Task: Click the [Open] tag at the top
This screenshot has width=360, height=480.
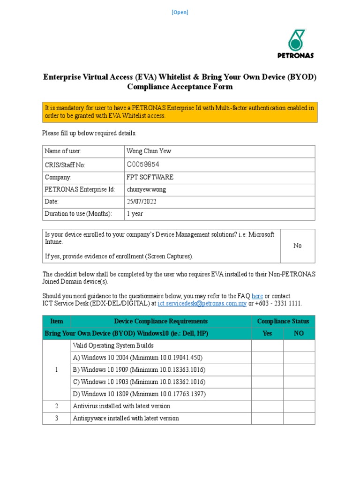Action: (x=180, y=13)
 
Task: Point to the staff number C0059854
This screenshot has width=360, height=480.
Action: (x=143, y=165)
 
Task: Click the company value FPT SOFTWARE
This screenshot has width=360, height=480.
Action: (x=150, y=177)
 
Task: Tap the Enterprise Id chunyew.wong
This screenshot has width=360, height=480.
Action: (x=146, y=189)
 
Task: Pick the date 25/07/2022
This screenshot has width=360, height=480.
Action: (x=142, y=202)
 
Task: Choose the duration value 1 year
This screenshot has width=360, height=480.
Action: (x=135, y=214)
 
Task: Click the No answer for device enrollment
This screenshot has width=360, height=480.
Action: (x=298, y=246)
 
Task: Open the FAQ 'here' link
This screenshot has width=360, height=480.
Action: (x=257, y=296)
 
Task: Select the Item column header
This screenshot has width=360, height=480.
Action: (x=56, y=321)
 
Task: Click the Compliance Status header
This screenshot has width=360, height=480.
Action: (x=283, y=321)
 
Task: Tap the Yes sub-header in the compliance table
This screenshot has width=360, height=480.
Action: (x=268, y=333)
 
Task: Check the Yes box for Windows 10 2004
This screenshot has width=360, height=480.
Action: (x=268, y=358)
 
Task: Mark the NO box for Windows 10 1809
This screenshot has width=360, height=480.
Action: (x=299, y=394)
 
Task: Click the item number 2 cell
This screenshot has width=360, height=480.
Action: (x=56, y=406)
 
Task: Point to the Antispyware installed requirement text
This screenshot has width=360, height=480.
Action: (x=126, y=418)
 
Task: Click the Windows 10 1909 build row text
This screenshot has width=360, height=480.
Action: (x=139, y=370)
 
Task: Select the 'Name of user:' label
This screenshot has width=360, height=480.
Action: (x=63, y=151)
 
